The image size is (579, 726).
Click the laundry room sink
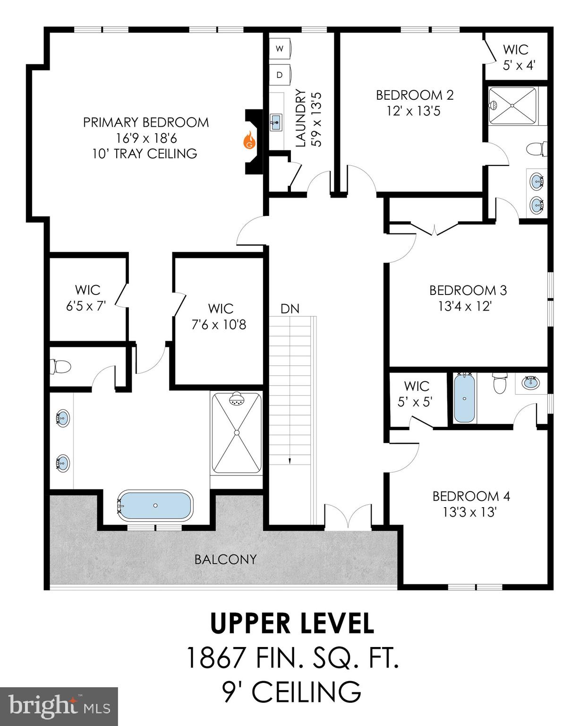pos(275,122)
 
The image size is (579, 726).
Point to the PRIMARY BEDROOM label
pos(146,122)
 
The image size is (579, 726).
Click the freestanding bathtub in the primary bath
pos(155,505)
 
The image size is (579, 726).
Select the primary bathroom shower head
pos(237,400)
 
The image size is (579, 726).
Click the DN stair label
pos(290,309)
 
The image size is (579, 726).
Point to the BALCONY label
pos(226,559)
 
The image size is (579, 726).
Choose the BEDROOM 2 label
pos(415,95)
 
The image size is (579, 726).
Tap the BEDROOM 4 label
pos(471,496)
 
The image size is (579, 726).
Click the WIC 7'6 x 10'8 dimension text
pos(221,325)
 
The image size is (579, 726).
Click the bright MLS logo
pos(59,706)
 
